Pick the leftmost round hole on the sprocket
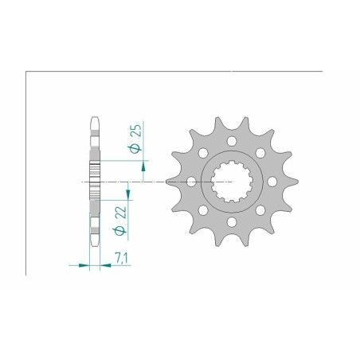click(191, 182)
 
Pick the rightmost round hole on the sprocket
click(272, 182)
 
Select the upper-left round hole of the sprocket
click(203, 153)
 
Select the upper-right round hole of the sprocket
click(260, 153)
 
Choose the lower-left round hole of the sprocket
click(203, 211)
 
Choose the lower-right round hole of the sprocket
click(260, 211)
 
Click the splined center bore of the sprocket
click(231, 182)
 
